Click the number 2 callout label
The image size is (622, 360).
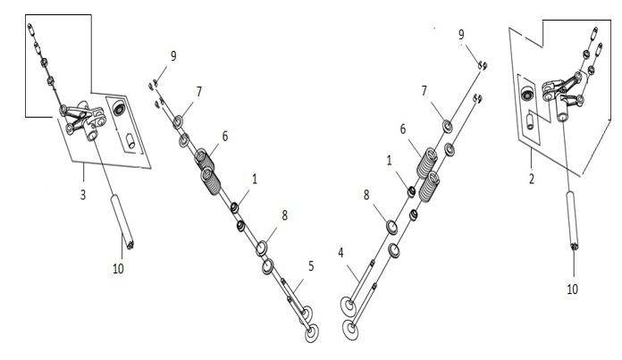[x=532, y=179]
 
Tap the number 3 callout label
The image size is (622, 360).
[x=83, y=195]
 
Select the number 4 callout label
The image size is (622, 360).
[x=340, y=253]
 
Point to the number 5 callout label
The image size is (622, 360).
[x=311, y=266]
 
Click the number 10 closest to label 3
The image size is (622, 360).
[x=118, y=269]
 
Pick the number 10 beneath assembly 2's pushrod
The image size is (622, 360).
[x=572, y=289]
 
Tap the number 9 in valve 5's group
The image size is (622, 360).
[x=173, y=56]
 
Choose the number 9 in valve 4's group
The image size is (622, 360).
[x=461, y=35]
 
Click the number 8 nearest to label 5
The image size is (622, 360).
[x=284, y=215]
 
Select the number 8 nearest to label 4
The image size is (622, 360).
[x=366, y=194]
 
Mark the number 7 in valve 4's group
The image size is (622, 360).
[x=424, y=91]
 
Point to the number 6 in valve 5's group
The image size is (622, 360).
[x=225, y=136]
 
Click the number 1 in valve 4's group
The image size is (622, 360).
[x=389, y=160]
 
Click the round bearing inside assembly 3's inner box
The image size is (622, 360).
[x=119, y=108]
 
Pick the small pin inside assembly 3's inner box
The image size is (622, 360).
[x=130, y=141]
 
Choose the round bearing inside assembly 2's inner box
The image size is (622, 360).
[x=527, y=94]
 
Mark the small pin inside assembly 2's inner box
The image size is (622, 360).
[x=530, y=121]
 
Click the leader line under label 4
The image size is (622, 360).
[x=354, y=273]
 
